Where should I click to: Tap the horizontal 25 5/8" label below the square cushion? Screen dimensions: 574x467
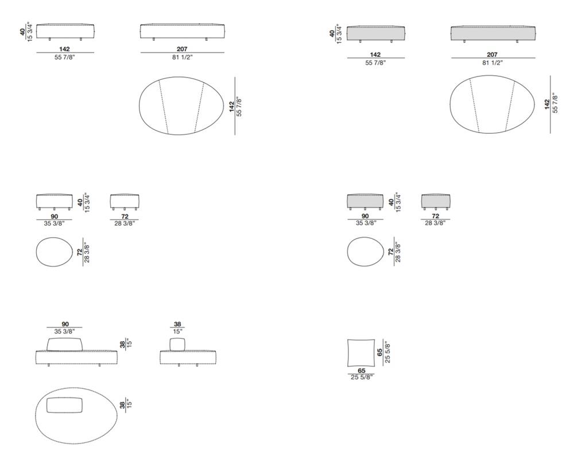[362, 377]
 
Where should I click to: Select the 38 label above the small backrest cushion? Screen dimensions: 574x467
[177, 324]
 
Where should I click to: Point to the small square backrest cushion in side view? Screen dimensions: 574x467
[178, 345]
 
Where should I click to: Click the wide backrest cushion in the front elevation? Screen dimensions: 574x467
[65, 344]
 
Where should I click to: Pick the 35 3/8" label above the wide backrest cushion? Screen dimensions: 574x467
[65, 331]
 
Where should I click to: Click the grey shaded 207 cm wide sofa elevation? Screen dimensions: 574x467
[492, 33]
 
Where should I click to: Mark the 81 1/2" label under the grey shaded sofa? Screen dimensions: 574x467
[492, 63]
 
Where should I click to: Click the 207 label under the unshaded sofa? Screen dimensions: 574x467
[183, 49]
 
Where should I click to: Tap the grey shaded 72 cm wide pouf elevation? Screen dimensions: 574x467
[436, 202]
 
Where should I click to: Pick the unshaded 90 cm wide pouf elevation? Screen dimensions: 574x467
[54, 202]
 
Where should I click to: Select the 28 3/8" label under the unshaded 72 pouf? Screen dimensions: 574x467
[125, 223]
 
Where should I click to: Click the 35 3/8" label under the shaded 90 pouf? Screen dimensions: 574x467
[365, 222]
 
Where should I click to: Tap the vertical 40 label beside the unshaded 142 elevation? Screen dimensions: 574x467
[23, 32]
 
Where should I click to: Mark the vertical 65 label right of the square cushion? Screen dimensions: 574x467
[380, 352]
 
